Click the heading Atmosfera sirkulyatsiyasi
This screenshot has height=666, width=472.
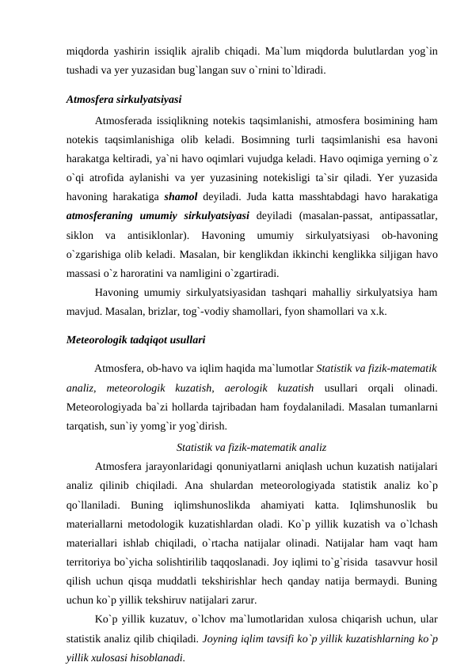pos(124,100)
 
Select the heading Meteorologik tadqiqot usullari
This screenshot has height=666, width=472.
pos(135,341)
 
